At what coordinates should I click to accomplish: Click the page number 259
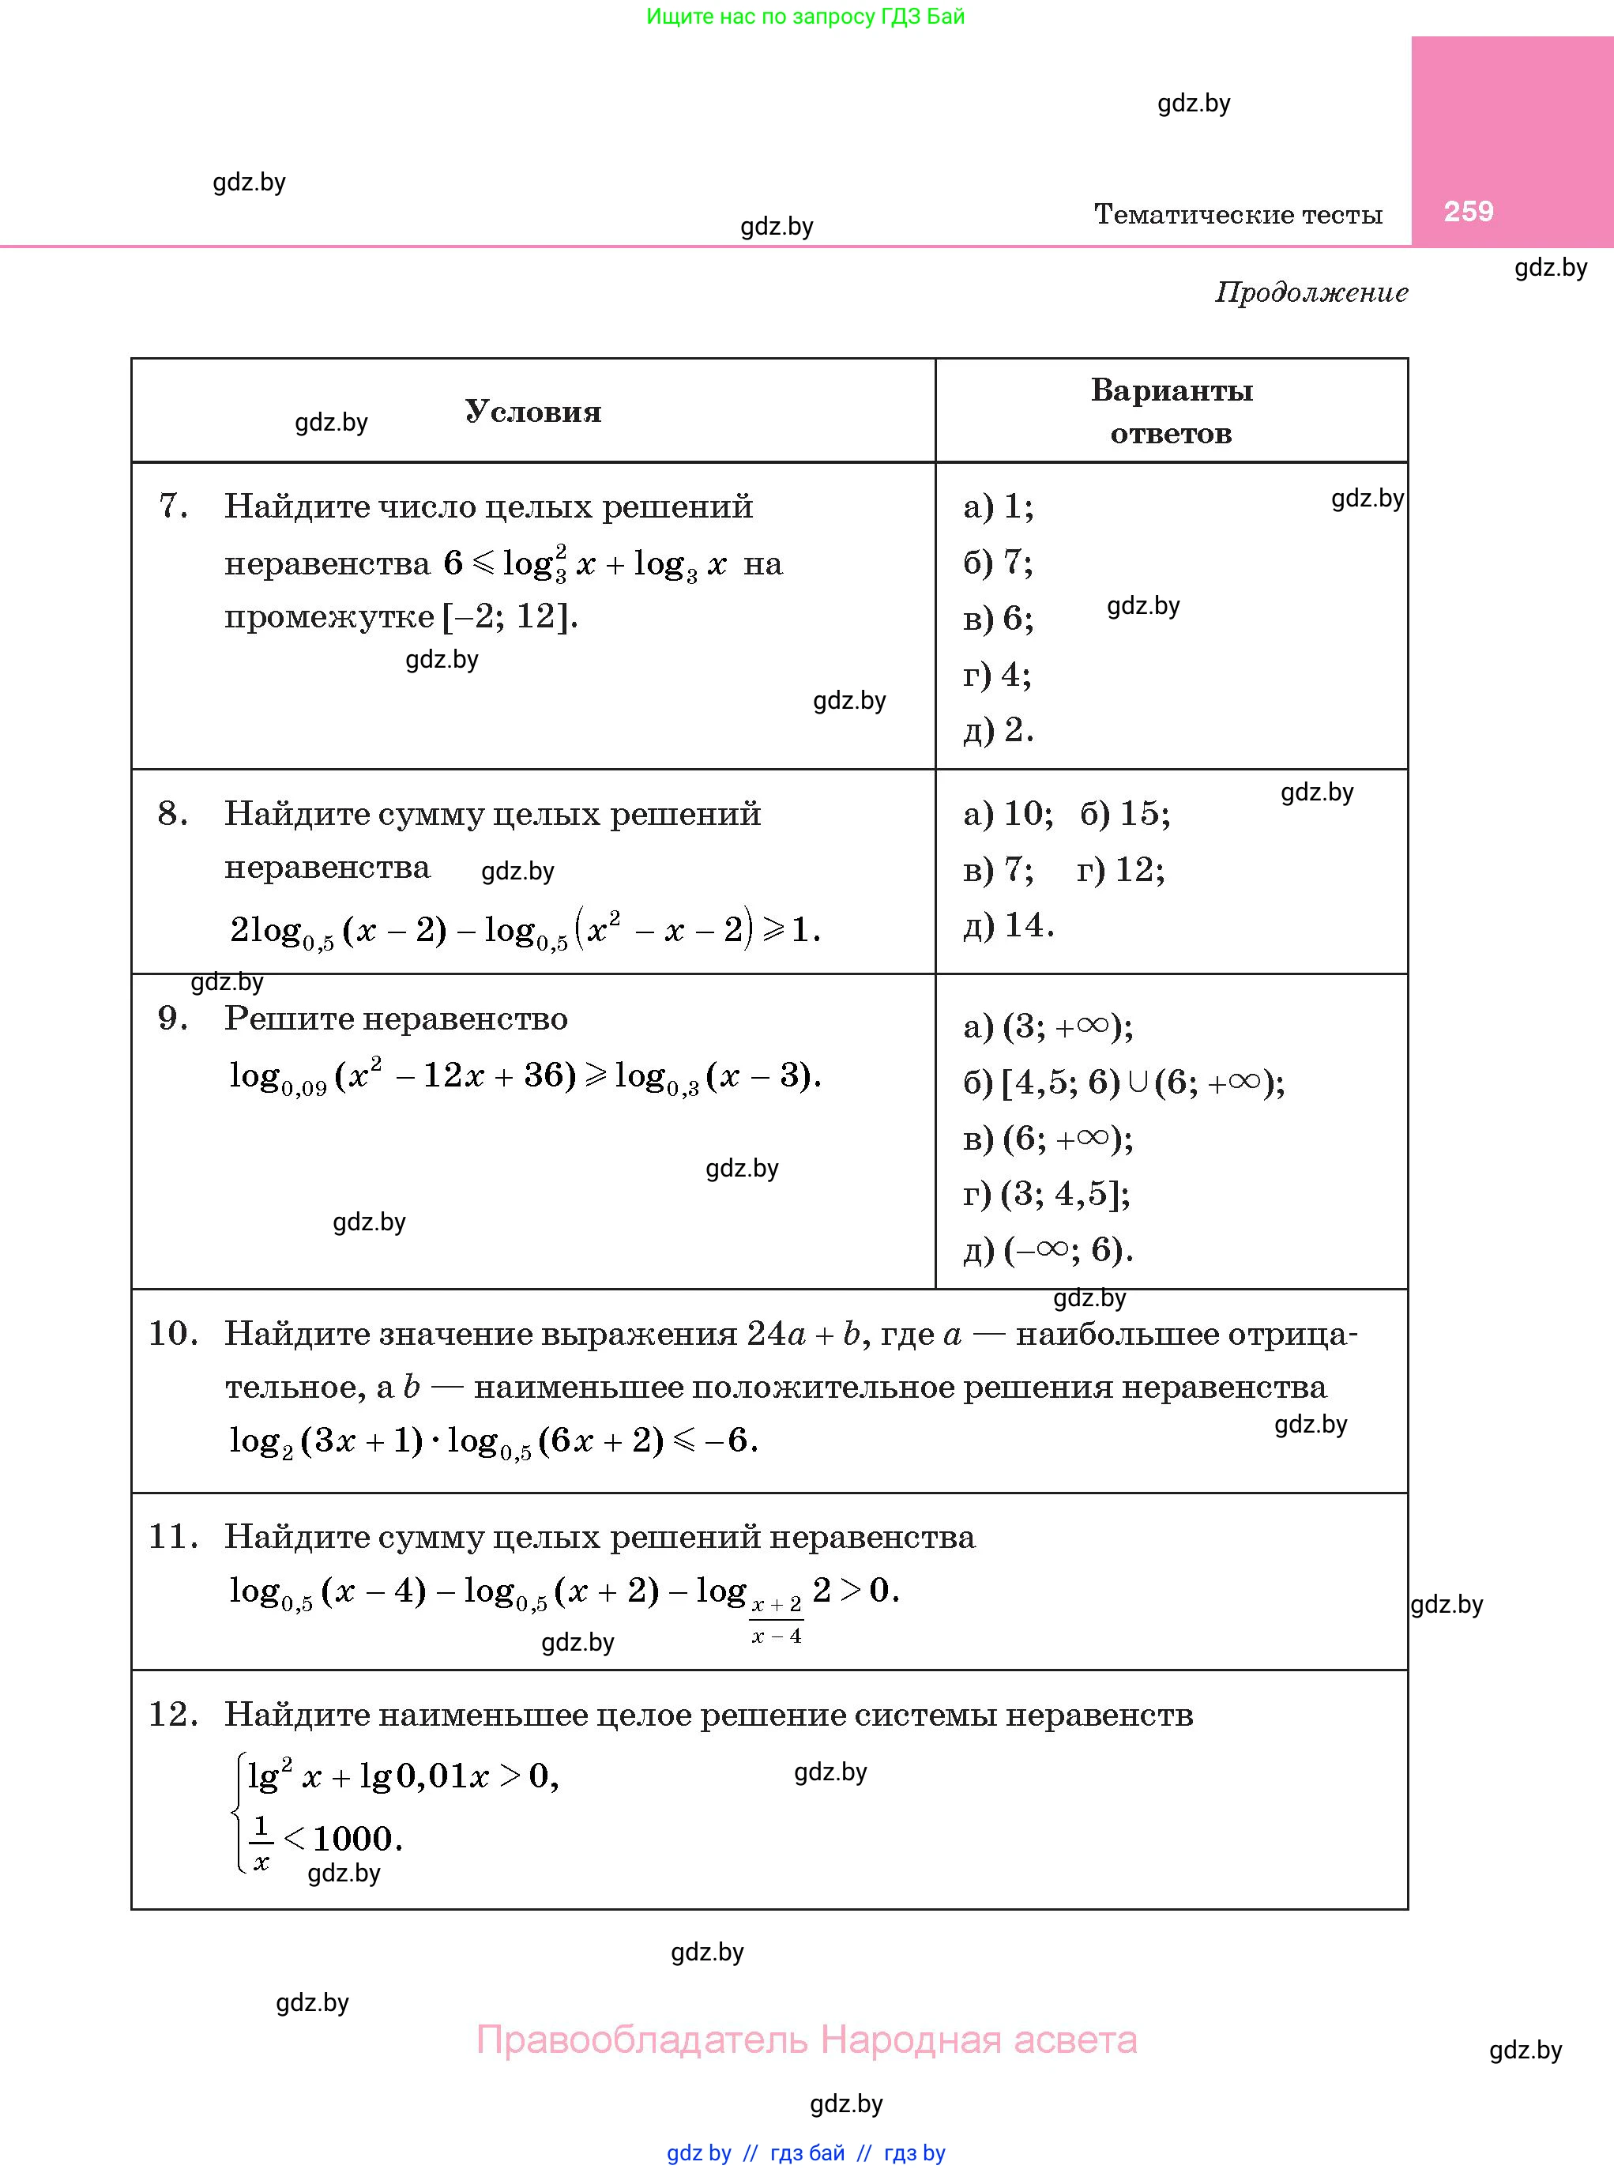click(x=1469, y=211)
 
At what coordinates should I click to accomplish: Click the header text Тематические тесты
click(x=1238, y=214)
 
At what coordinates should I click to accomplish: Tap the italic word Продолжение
click(x=1311, y=292)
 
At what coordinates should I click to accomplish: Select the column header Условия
click(x=533, y=412)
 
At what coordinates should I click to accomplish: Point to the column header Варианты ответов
click(x=1172, y=412)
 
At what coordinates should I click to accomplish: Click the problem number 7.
click(x=173, y=507)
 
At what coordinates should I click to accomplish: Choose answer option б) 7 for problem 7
click(x=998, y=562)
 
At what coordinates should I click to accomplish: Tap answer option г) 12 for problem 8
click(x=1120, y=869)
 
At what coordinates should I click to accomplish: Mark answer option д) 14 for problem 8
click(x=1008, y=925)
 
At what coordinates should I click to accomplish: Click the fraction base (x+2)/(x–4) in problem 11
click(x=777, y=1621)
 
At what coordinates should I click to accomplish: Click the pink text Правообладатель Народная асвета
click(x=806, y=2039)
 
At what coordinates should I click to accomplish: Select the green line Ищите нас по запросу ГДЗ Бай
click(x=805, y=17)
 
